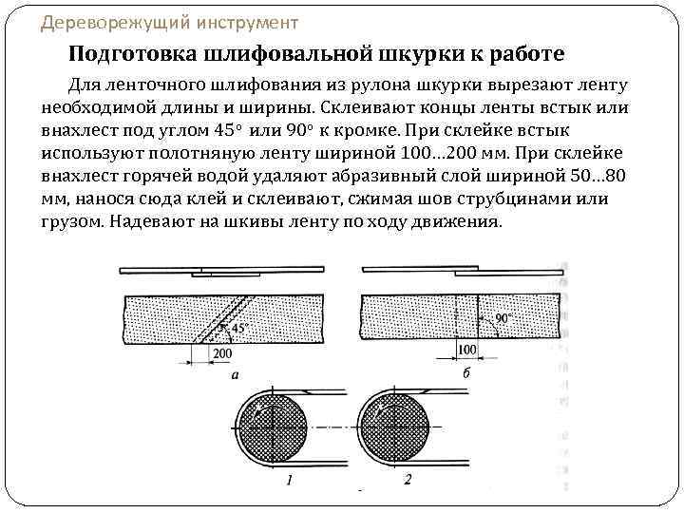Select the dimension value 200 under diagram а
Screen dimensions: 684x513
[222, 352]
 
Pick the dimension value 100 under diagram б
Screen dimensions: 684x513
[466, 351]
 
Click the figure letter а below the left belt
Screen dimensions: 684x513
[235, 374]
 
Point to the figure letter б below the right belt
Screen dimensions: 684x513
[465, 373]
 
